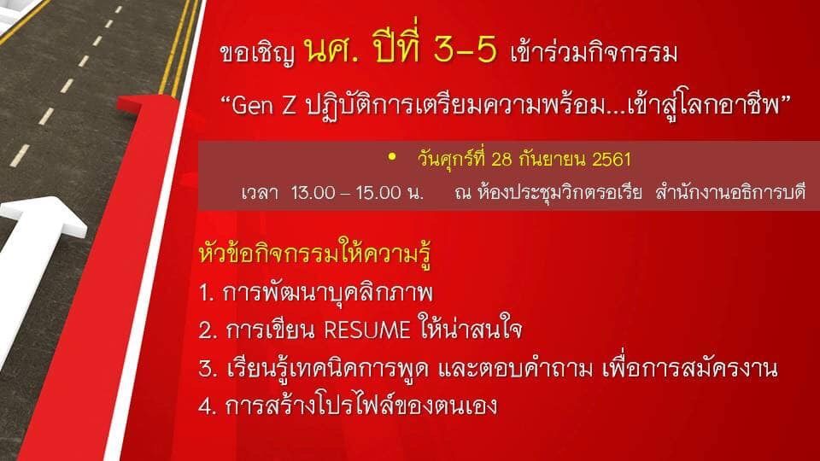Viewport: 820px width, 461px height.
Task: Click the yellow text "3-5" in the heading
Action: point(465,50)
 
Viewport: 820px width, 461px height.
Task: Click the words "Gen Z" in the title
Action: point(264,106)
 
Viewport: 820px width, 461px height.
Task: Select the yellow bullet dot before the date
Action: point(392,156)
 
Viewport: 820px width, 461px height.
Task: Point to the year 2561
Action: point(612,160)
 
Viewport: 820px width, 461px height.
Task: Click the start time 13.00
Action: point(313,193)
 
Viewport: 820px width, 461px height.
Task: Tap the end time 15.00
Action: point(378,193)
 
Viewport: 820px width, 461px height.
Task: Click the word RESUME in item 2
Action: point(367,330)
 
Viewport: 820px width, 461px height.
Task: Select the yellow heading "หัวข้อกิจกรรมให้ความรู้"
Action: point(315,254)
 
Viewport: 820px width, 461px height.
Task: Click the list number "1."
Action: point(207,293)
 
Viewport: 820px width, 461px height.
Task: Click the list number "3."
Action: point(208,369)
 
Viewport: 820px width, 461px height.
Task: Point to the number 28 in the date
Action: point(501,160)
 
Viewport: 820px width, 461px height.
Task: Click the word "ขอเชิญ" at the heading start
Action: point(257,54)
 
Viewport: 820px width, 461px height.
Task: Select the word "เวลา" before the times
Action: point(260,193)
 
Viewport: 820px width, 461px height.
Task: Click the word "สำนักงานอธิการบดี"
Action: point(730,192)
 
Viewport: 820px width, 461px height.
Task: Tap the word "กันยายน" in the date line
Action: point(553,160)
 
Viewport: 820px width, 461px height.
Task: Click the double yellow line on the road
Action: point(180,47)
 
